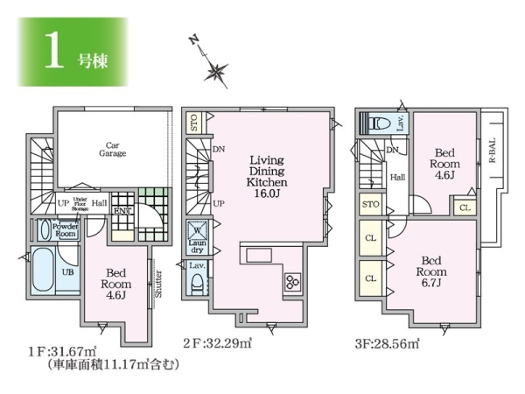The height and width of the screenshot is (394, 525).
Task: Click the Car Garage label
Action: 112,149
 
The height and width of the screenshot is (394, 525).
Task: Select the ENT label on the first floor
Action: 121,211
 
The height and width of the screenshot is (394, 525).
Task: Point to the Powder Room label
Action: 66,230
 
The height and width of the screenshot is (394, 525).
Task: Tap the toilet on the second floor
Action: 198,283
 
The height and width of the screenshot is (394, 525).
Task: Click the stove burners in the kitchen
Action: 290,281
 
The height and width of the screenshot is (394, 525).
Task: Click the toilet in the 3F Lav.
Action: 381,123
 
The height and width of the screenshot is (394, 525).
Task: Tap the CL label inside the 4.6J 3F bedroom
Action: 463,208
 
